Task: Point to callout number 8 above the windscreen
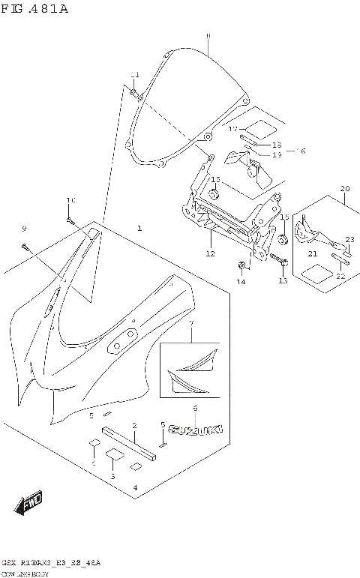(x=208, y=36)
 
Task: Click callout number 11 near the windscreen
(x=135, y=74)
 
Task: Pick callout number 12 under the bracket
(x=210, y=254)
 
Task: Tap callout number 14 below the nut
(x=241, y=283)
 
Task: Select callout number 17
(x=233, y=129)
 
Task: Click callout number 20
(x=344, y=188)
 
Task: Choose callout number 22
(x=340, y=276)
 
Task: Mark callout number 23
(x=349, y=240)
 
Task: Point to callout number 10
(x=70, y=200)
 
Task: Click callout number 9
(x=23, y=228)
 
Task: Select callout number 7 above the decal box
(x=191, y=323)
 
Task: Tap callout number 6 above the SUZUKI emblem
(x=195, y=409)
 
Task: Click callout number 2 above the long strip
(x=134, y=426)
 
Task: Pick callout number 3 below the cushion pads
(x=112, y=477)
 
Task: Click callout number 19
(x=277, y=154)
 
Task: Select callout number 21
(x=313, y=255)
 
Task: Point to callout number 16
(x=302, y=151)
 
